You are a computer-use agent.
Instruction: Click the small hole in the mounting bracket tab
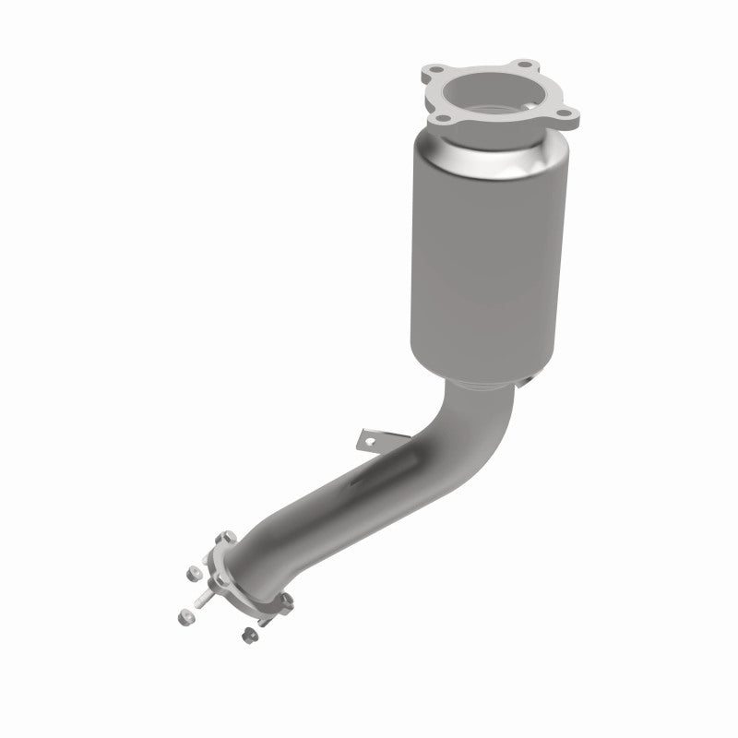point(371,441)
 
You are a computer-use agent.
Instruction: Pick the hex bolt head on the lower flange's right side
point(286,601)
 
